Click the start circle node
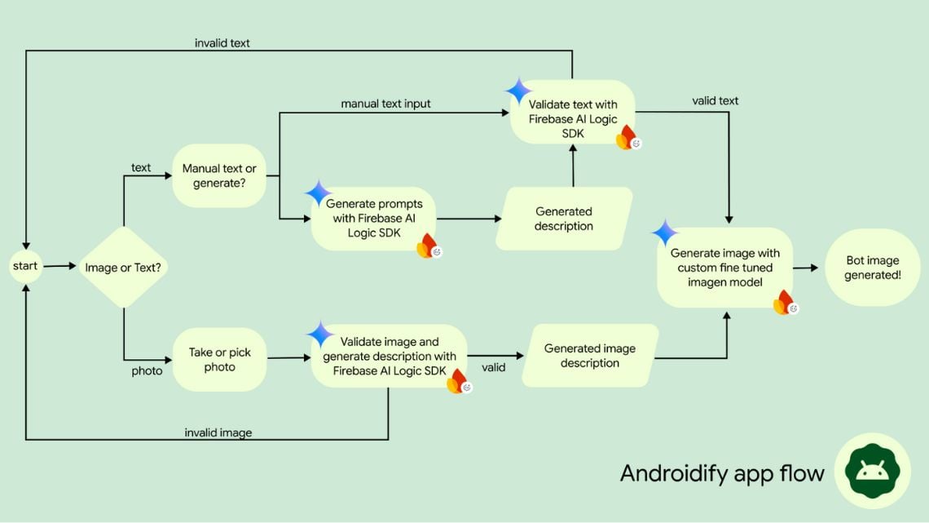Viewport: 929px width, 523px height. (25, 267)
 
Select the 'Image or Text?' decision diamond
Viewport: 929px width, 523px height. (123, 268)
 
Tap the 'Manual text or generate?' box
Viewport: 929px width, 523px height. (219, 175)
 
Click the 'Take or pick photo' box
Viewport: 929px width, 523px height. (219, 360)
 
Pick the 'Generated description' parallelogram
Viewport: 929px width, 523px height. (564, 219)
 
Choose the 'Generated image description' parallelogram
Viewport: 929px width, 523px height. (590, 356)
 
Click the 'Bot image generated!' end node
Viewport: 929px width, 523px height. (872, 268)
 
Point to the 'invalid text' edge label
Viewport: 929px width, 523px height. (222, 43)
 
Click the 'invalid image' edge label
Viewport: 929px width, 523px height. (218, 432)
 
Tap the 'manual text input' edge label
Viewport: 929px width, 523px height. (385, 104)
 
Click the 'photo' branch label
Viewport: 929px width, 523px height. (147, 371)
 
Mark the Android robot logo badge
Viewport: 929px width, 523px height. (872, 471)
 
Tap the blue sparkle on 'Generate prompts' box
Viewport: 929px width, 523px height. (319, 193)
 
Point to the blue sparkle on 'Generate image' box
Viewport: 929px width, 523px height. (665, 233)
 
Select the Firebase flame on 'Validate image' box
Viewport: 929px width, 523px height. (457, 380)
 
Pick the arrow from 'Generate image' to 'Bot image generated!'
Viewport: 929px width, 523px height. (805, 268)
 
